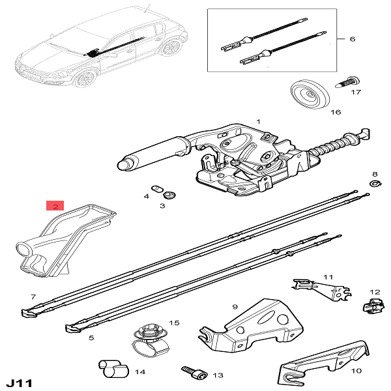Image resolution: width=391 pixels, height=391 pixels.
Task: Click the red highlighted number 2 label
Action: point(55,206)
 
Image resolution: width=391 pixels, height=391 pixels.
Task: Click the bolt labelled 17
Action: point(347,82)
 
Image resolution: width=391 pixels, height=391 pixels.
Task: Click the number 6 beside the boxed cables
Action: point(352,39)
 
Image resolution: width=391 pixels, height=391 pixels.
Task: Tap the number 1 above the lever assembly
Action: point(257,122)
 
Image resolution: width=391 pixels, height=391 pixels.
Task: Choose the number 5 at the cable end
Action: point(91,338)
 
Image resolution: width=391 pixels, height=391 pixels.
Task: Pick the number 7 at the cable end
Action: point(33,297)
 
